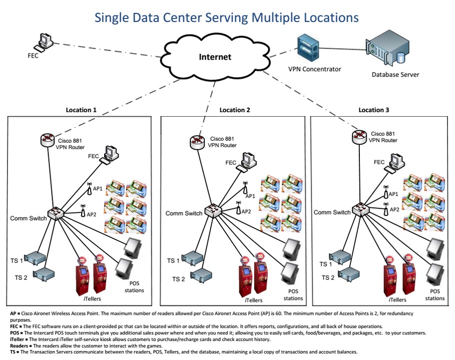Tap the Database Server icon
click(386, 50)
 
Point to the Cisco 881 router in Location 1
click(48, 140)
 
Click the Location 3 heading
click(373, 110)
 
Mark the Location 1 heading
click(81, 110)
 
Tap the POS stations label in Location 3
click(434, 294)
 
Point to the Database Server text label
click(395, 75)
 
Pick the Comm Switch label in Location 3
click(332, 212)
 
